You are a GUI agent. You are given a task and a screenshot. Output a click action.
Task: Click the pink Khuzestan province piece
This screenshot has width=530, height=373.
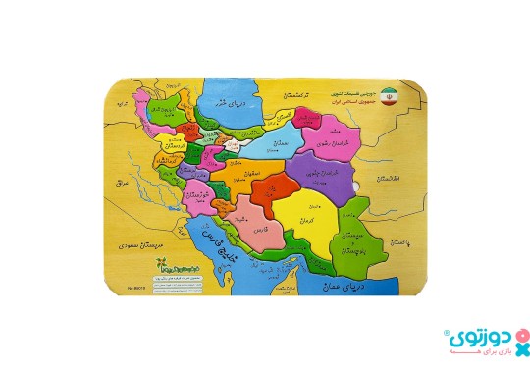coord(196,193)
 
